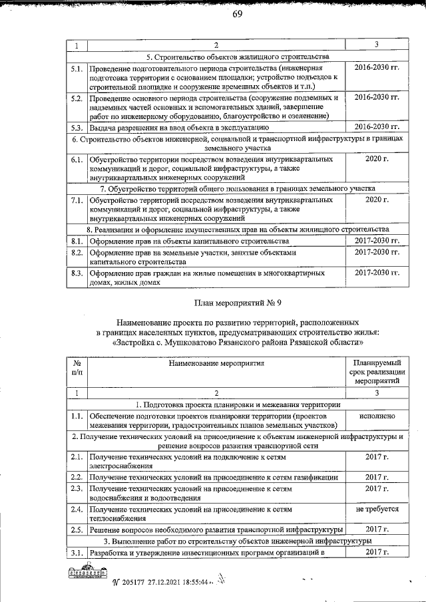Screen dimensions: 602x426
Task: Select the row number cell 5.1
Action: click(77, 69)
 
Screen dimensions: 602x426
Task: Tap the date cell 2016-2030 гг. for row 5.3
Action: click(376, 126)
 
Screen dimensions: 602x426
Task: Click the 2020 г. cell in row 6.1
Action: click(376, 159)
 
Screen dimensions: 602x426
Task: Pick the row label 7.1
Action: click(77, 200)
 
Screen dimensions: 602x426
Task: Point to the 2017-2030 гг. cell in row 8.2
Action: click(376, 253)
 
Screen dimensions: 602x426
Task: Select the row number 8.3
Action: click(77, 273)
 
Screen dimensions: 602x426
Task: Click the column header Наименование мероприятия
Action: click(216, 364)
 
